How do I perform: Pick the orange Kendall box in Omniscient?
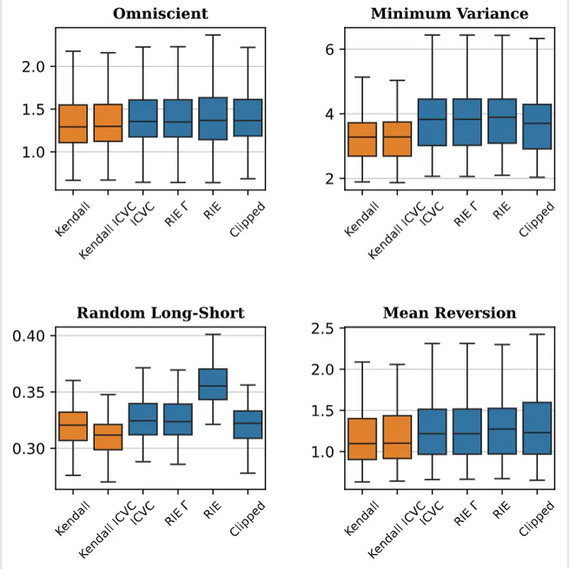[x=73, y=123]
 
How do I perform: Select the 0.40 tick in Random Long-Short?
[x=31, y=335]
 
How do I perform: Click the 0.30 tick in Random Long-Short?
[x=31, y=448]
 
